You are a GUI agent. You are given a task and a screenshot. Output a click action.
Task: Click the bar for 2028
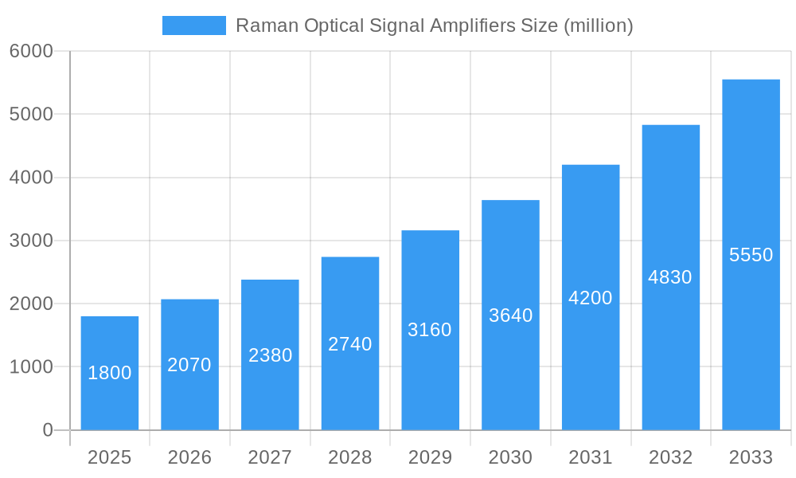click(350, 343)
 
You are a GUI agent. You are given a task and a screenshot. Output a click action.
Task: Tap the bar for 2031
click(591, 297)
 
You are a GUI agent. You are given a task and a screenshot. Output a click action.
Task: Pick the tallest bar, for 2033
click(751, 255)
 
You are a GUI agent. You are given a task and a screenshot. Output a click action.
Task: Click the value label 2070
click(189, 365)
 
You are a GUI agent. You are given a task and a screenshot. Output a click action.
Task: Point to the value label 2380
click(270, 355)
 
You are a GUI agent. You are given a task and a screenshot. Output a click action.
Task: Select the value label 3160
click(430, 330)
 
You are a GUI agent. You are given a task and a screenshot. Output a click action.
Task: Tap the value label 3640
click(510, 315)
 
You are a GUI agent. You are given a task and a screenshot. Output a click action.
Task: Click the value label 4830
click(670, 277)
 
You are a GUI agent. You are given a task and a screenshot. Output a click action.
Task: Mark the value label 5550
click(751, 255)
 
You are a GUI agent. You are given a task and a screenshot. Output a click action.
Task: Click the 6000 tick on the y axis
click(31, 51)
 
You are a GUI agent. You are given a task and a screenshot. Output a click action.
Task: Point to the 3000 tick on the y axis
click(31, 241)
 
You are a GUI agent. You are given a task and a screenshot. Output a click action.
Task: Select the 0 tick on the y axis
click(47, 430)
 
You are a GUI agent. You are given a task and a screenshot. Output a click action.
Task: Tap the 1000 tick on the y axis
click(31, 367)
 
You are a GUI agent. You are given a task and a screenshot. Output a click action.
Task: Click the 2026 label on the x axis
click(189, 458)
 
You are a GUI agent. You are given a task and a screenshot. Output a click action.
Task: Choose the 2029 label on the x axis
click(430, 458)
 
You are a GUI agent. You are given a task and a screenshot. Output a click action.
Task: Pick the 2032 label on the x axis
click(670, 458)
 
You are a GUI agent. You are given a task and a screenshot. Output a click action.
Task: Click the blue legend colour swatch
click(194, 25)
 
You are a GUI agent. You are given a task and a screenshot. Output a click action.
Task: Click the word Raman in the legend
click(267, 25)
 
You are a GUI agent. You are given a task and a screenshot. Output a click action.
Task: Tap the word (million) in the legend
click(598, 25)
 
